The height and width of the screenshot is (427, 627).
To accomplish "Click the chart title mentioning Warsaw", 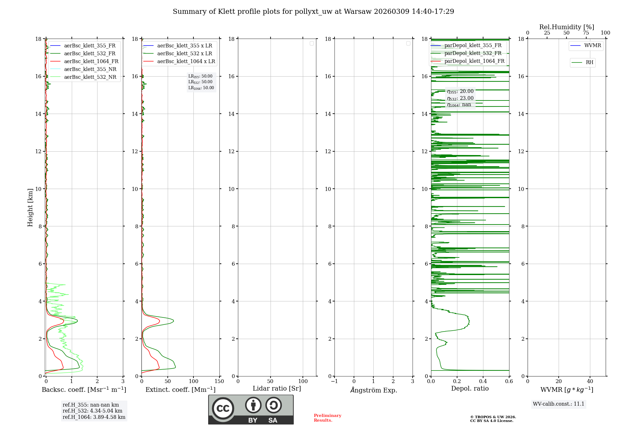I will pyautogui.click(x=313, y=12).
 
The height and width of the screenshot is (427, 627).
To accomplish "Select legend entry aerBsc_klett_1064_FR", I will pyautogui.click(x=91, y=62).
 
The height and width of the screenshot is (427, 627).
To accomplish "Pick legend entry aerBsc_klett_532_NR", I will pyautogui.click(x=90, y=77).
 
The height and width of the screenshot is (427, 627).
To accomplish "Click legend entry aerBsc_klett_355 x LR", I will pyautogui.click(x=184, y=46).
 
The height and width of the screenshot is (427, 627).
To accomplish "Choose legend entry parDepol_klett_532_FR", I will pyautogui.click(x=473, y=53).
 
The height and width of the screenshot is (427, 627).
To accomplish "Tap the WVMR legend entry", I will pyautogui.click(x=592, y=46).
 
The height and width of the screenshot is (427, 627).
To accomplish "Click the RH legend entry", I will pyautogui.click(x=589, y=62).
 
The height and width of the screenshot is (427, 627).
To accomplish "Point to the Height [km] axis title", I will pyautogui.click(x=30, y=208).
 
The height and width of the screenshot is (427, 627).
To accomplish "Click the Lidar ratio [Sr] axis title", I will pyautogui.click(x=277, y=389).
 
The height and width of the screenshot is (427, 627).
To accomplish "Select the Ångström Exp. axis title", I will pyautogui.click(x=374, y=390).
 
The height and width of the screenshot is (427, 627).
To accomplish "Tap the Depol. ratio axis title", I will pyautogui.click(x=470, y=389).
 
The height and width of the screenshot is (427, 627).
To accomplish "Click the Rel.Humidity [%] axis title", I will pyautogui.click(x=566, y=27).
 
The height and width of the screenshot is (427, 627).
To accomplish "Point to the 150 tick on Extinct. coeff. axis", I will pyautogui.click(x=219, y=381).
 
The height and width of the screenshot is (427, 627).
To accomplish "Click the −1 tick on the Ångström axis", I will pyautogui.click(x=335, y=381).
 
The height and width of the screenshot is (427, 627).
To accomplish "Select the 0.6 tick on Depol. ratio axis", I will pyautogui.click(x=509, y=381).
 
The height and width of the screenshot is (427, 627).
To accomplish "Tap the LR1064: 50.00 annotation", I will pyautogui.click(x=201, y=88).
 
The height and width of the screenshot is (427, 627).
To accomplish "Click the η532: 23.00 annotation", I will pyautogui.click(x=460, y=98).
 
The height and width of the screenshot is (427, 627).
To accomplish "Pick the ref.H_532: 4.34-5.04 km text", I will pyautogui.click(x=92, y=411).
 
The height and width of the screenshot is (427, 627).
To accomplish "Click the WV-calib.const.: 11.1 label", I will pyautogui.click(x=559, y=404).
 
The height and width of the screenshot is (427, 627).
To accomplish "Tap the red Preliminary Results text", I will pyautogui.click(x=327, y=418).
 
